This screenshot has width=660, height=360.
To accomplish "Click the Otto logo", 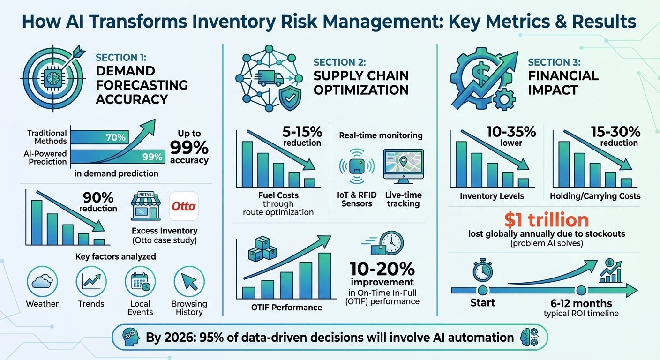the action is (x=184, y=206).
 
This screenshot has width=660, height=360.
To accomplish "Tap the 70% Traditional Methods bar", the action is (x=99, y=137).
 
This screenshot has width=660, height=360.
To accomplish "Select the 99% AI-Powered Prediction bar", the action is (x=118, y=157).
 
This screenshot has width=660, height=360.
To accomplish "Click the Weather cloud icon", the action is (x=42, y=281).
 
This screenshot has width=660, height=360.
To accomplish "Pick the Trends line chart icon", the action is (x=91, y=281).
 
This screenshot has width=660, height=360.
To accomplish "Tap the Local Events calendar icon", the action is (x=140, y=281).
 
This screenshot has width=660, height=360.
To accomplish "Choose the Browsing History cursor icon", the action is (x=189, y=281).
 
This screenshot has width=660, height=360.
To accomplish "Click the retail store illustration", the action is (x=146, y=206).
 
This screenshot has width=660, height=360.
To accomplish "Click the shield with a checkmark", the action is (x=290, y=98).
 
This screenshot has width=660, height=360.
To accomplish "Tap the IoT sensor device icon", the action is (x=357, y=166).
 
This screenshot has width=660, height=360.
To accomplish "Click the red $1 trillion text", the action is (x=547, y=220).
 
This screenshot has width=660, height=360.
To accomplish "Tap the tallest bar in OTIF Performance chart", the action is (x=325, y=276).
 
